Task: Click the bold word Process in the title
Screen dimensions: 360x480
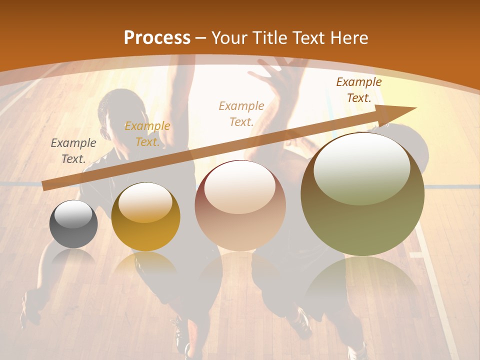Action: tap(157, 38)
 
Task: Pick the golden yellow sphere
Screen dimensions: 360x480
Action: tap(145, 217)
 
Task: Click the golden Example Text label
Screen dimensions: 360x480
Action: tap(147, 134)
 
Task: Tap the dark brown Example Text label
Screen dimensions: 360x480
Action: tap(359, 90)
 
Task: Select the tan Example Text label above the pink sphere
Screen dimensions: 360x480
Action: tap(241, 113)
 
